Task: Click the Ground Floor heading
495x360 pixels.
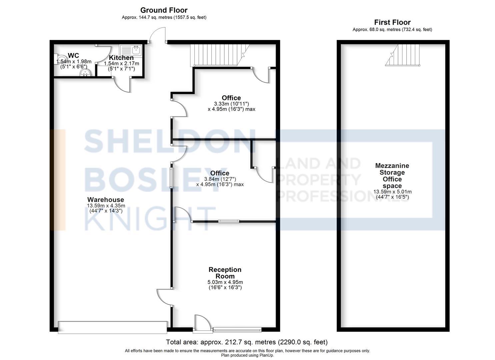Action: pos(164,10)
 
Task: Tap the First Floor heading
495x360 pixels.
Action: pos(392,22)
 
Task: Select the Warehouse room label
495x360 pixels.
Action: pos(105,200)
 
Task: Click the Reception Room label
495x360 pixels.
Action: pos(225,273)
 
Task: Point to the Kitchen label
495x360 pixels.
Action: pos(121,58)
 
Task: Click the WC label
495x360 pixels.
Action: pos(73,55)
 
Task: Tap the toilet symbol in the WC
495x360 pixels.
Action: pos(59,59)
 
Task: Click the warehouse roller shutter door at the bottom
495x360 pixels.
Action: pos(112,327)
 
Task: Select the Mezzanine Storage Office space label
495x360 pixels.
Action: pos(392,176)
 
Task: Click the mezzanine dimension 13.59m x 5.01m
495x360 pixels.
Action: pos(392,192)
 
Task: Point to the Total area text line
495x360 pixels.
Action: pos(247,342)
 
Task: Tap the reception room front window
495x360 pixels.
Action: pos(237,330)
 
